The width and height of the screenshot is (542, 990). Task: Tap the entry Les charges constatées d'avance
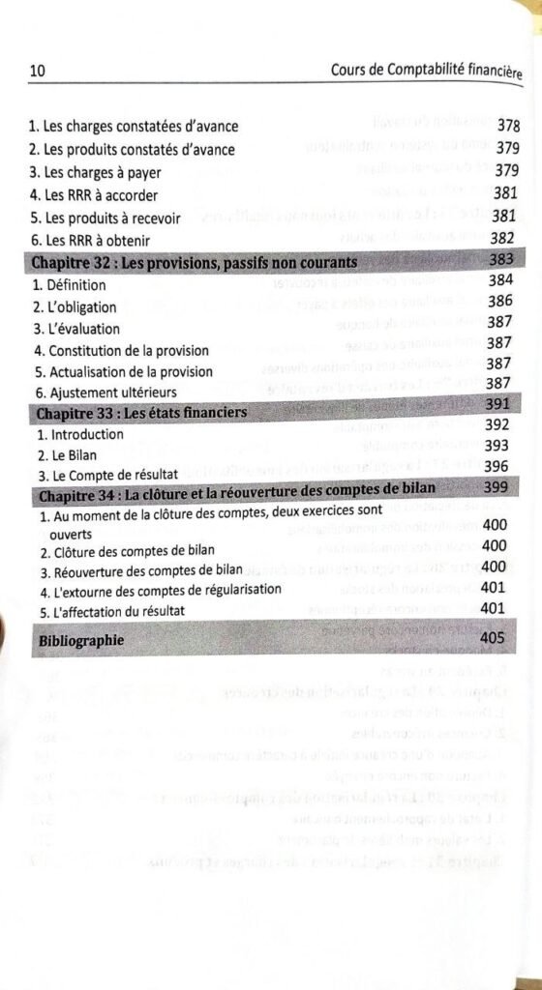coord(134,127)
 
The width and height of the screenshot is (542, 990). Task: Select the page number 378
coord(508,126)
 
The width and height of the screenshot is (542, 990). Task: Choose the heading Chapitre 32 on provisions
coord(195,262)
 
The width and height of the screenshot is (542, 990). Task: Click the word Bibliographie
coord(81,642)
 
